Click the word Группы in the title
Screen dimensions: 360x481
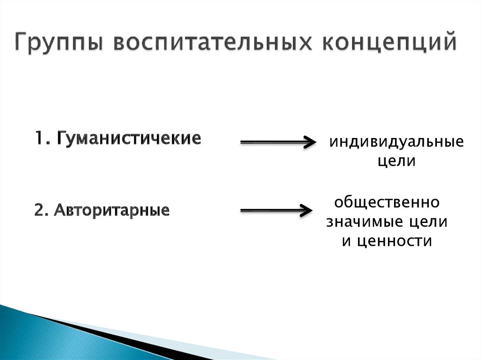(58, 42)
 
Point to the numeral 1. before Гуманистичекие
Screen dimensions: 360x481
(43, 138)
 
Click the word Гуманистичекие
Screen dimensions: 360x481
(129, 139)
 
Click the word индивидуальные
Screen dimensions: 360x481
(396, 142)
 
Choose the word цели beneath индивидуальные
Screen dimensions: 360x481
(396, 161)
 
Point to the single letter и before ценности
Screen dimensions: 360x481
(346, 241)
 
